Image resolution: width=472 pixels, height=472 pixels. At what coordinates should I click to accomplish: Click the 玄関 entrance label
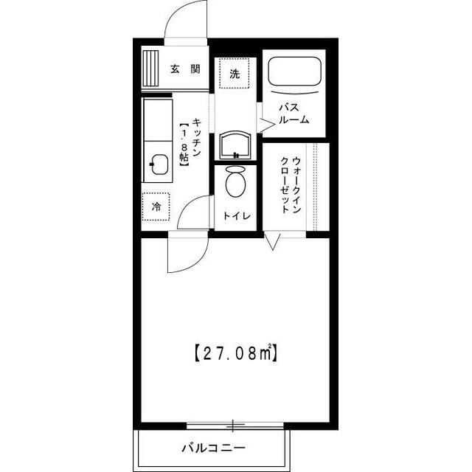coord(185,69)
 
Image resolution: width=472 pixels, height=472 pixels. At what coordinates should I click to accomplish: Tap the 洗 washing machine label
coord(235,74)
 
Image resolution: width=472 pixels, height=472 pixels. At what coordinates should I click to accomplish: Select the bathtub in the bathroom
coord(294,72)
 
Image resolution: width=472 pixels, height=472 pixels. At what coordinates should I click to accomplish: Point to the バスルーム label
coord(294,114)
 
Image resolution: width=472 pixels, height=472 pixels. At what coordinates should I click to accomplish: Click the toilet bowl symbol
coord(235,181)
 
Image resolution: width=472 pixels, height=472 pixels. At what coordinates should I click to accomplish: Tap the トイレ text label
coord(237,215)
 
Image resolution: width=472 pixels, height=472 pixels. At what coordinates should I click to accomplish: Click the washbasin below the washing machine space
coord(235,145)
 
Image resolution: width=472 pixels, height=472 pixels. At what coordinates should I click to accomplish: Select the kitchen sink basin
coord(159,164)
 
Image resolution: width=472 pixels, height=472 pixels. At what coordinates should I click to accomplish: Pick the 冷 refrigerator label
coord(156,206)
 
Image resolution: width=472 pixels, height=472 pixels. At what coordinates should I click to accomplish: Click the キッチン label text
coord(197,137)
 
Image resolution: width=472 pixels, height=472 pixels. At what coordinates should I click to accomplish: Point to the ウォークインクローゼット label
coord(291,185)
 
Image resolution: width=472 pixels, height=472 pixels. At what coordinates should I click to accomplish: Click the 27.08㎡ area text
coord(236,353)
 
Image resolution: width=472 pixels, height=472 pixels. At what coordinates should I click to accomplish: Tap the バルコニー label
coord(213,448)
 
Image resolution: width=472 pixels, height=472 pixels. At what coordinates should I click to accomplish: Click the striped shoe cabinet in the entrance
coord(150,69)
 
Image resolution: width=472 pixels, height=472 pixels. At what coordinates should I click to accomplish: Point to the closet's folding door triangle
coord(272,240)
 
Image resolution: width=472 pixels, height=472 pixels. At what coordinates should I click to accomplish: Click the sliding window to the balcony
coord(235,426)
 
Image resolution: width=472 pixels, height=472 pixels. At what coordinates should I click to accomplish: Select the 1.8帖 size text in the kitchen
coord(184,145)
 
